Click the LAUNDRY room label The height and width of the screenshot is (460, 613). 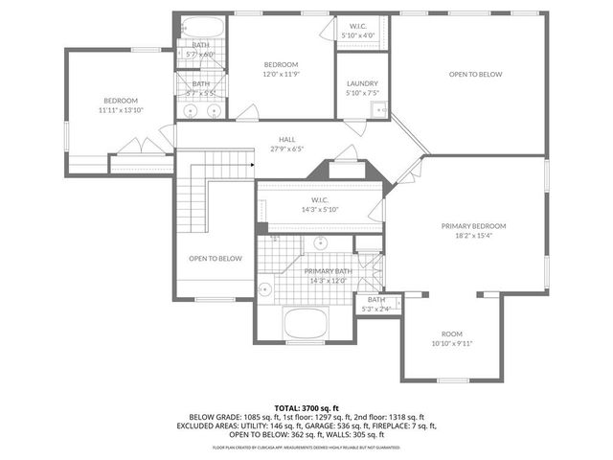click(362, 83)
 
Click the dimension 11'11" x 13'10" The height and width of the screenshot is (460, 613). click(121, 110)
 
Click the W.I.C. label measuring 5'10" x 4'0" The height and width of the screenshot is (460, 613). click(358, 27)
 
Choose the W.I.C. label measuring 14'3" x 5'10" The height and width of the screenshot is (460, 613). click(314, 199)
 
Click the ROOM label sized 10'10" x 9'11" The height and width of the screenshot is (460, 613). click(451, 333)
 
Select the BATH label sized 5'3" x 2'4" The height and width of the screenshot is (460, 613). click(375, 299)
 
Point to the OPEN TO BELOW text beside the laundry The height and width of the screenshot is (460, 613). click(476, 74)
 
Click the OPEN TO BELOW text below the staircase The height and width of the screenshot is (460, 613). click(215, 259)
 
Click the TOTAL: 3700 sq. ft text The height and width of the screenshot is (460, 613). click(306, 407)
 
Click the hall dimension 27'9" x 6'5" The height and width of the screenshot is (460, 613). click(286, 149)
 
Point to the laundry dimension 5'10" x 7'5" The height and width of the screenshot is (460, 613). click(362, 93)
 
